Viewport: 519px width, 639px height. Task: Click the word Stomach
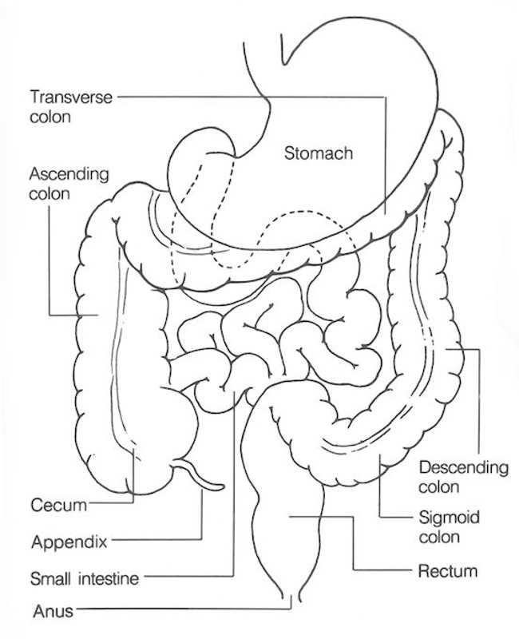click(x=318, y=153)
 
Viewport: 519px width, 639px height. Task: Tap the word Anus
click(x=52, y=613)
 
